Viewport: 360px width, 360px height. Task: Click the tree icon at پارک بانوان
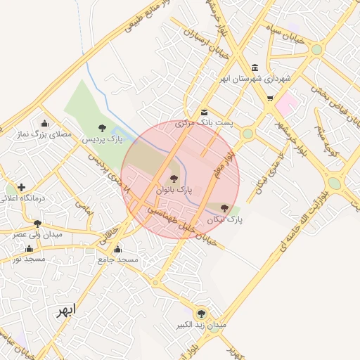tap(174, 179)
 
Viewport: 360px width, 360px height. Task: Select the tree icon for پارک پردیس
tap(103, 128)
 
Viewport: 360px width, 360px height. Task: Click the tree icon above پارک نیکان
tap(224, 208)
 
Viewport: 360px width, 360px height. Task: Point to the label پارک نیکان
tap(224, 220)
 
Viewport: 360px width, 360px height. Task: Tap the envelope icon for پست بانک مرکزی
tap(204, 112)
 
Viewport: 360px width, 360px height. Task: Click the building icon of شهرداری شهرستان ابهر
tap(255, 67)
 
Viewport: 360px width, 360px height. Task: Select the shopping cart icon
tap(270, 98)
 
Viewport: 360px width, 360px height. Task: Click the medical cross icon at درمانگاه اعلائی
tap(22, 188)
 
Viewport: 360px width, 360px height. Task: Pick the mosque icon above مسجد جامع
tap(117, 250)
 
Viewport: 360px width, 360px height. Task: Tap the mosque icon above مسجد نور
tap(29, 248)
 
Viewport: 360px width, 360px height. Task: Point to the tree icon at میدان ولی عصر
tap(37, 224)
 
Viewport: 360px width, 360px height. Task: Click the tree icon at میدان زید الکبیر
tap(202, 314)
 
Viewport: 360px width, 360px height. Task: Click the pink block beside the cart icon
tap(287, 105)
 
